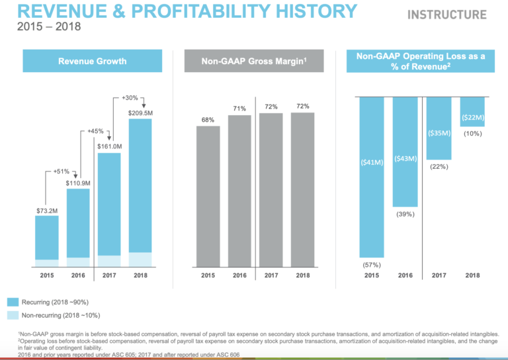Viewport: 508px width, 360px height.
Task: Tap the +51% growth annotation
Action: click(x=62, y=172)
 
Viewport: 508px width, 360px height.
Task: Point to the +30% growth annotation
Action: click(x=132, y=98)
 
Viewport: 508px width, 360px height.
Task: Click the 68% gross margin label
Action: click(x=208, y=120)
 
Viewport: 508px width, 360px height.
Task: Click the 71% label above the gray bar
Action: click(x=239, y=109)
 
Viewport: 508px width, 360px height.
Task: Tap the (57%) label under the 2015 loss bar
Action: click(x=370, y=264)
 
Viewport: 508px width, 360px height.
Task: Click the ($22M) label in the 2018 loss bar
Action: click(x=472, y=118)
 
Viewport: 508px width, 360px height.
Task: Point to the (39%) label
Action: click(x=405, y=214)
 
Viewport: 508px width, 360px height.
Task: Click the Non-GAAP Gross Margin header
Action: click(x=255, y=62)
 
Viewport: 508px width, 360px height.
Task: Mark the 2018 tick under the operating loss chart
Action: click(x=472, y=275)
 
